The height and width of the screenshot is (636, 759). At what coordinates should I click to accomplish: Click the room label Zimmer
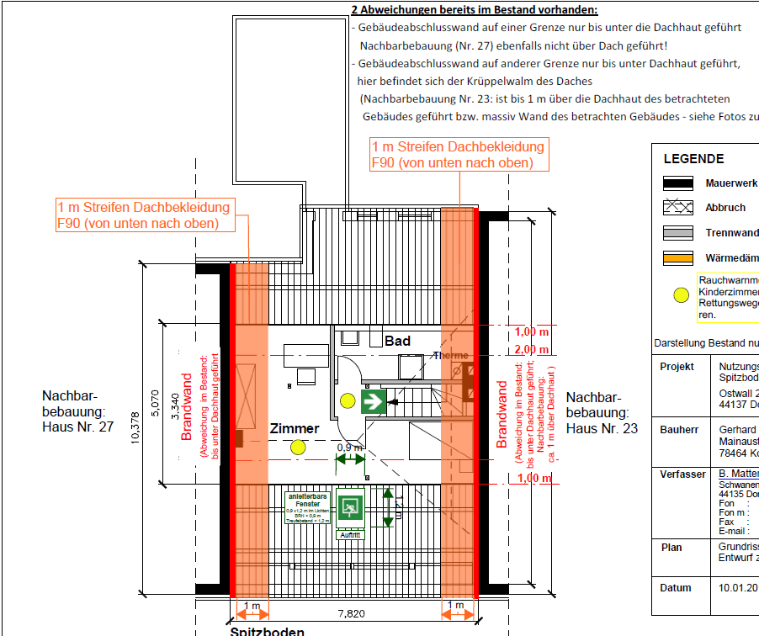(295, 429)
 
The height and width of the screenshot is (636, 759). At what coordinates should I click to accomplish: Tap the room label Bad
(397, 341)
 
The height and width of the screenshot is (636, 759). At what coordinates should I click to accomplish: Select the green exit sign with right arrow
(374, 400)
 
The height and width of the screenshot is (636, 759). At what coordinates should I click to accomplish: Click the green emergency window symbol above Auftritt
(350, 506)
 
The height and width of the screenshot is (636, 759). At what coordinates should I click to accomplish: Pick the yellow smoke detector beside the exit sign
(346, 400)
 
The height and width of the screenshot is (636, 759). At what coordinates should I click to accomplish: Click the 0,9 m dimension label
(349, 448)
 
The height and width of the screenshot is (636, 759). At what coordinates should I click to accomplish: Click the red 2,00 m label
(533, 349)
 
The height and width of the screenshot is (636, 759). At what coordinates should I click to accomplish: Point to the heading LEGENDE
(693, 159)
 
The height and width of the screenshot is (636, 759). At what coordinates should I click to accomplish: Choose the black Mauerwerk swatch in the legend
(677, 183)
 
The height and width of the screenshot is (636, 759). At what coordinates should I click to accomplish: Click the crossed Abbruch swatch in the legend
(677, 208)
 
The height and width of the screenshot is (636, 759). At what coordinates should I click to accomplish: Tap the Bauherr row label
(677, 430)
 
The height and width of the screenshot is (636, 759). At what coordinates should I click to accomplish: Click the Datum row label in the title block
(675, 588)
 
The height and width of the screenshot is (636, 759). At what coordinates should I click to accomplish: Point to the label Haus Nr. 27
(77, 427)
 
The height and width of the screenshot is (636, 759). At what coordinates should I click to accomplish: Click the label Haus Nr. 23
(602, 429)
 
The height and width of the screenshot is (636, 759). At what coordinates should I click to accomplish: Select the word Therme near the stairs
(450, 356)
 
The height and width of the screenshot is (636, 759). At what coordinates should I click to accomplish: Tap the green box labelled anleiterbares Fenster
(305, 506)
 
